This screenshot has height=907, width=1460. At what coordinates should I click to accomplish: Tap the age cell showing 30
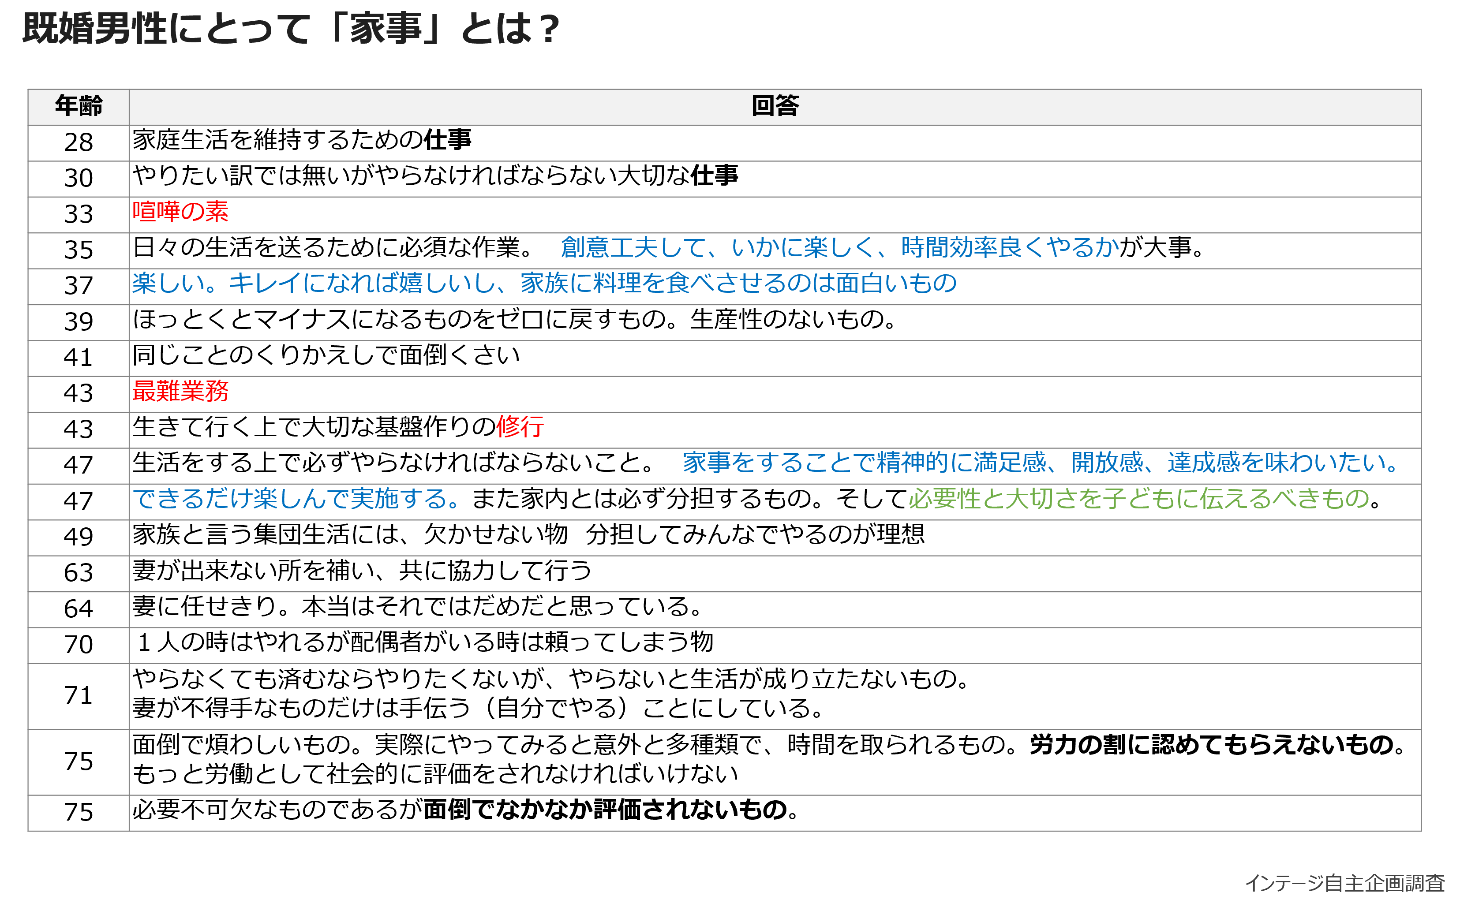(79, 179)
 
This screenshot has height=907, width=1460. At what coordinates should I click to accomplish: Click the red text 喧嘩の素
(180, 211)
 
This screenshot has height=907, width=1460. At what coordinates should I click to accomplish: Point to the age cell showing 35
(79, 250)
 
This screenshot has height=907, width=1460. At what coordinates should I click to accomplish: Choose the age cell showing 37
(79, 286)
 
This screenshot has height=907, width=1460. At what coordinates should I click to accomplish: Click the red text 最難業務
(180, 391)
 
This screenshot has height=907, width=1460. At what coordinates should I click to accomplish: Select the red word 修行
(520, 426)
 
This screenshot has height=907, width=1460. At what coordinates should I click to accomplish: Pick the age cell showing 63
(79, 573)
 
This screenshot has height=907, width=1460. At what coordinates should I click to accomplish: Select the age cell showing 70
(79, 645)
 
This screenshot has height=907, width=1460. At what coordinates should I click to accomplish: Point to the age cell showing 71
(79, 696)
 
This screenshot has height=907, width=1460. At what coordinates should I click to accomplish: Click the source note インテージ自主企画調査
(1345, 883)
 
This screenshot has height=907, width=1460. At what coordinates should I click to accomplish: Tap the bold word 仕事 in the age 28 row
(448, 140)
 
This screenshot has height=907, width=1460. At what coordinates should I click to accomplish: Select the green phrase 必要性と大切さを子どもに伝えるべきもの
(1139, 499)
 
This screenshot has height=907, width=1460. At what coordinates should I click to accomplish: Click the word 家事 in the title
(386, 28)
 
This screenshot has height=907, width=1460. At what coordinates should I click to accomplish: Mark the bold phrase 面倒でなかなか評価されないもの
(606, 810)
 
